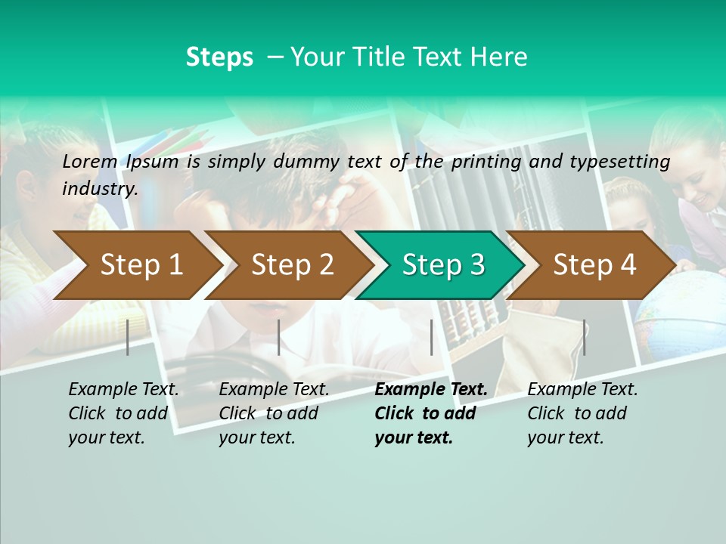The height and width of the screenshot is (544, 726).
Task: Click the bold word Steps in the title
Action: pos(219,57)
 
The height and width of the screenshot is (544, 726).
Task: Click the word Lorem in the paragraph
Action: pos(90,161)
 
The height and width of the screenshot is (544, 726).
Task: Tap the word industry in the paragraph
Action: pos(99,189)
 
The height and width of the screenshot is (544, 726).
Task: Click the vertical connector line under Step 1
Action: pos(128,337)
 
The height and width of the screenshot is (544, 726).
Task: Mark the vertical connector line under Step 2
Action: pos(279,337)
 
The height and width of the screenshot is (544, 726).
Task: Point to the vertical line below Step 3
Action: pos(431,337)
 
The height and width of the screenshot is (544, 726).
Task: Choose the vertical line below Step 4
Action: pos(584,337)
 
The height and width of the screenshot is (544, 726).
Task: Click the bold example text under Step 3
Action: pos(430,413)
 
